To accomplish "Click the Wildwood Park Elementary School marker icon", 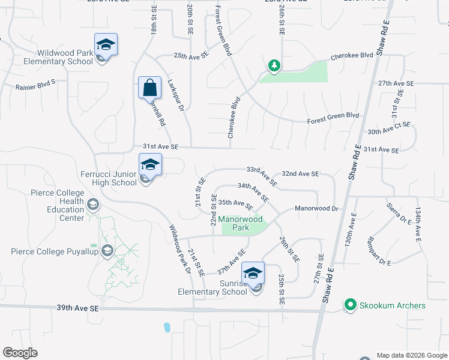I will pos(106,46).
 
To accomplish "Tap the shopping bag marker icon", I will pos(149,88).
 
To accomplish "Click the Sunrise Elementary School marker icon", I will pos(253,274).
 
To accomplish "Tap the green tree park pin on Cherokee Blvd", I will pos(274,65).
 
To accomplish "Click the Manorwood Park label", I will pos(233,224).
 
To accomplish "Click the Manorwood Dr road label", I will pos(317,208).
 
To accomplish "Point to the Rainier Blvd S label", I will pos(35,84).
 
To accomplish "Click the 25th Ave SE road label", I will pos(191,55).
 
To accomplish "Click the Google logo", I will pos(20,353).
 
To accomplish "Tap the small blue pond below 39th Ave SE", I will pos(166,328).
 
